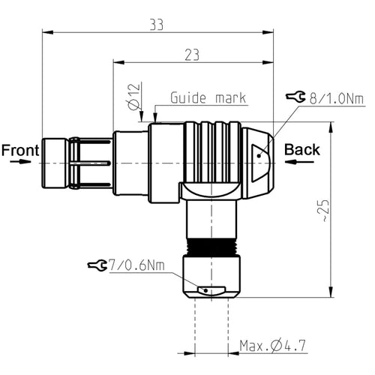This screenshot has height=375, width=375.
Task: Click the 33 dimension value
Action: pyautogui.click(x=157, y=25)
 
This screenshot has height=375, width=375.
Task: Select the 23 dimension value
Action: pyautogui.click(x=192, y=55)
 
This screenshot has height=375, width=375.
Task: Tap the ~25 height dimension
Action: pyautogui.click(x=324, y=210)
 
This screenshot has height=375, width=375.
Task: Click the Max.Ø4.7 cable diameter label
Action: pyautogui.click(x=273, y=346)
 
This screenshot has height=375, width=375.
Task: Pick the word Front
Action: pyautogui.click(x=20, y=150)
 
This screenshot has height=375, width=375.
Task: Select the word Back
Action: pyautogui.click(x=302, y=149)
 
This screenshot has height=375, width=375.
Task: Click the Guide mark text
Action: pyautogui.click(x=208, y=97)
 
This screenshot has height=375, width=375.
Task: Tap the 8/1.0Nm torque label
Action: pyautogui.click(x=337, y=99)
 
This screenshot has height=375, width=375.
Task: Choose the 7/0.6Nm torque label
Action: pyautogui.click(x=136, y=265)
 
